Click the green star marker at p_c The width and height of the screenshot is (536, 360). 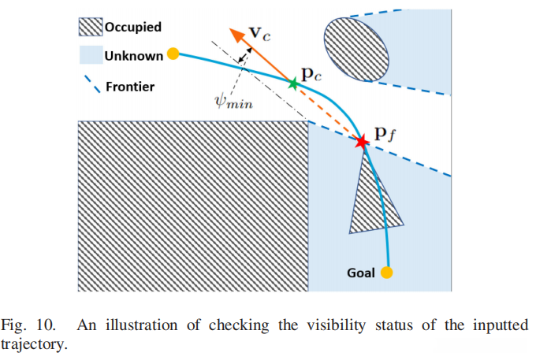click(293, 84)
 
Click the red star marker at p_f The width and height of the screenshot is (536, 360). click(361, 142)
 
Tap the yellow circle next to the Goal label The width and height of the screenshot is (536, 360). click(386, 273)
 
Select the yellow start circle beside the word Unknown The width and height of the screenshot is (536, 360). click(173, 54)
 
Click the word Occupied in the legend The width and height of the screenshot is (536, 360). click(133, 27)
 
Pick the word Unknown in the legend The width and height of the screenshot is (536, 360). click(134, 56)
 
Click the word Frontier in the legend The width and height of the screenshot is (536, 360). click(130, 87)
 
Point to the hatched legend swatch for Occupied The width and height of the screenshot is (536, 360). click(91, 27)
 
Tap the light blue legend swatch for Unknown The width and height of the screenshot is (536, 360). click(91, 54)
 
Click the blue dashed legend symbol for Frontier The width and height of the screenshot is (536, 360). click(92, 84)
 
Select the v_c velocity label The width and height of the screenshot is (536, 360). click(260, 33)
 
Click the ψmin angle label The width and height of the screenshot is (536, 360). click(234, 102)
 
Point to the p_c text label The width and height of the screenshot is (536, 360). click(311, 74)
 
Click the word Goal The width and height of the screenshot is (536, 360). click(361, 273)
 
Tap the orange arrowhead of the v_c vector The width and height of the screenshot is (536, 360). click(237, 36)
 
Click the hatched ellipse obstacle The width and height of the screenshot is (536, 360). click(356, 50)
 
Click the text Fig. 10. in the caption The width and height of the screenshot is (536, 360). click(28, 325)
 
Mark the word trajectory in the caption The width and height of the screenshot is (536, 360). click(34, 344)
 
